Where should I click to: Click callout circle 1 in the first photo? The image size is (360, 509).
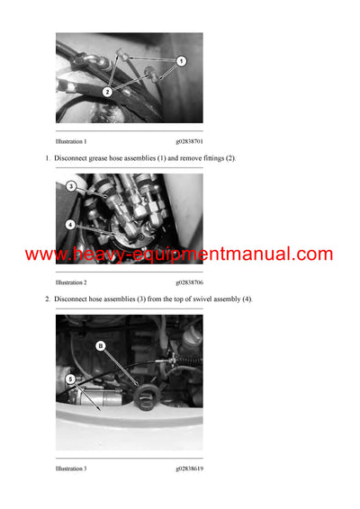click(x=181, y=61)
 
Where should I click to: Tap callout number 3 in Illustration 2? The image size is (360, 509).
click(x=70, y=186)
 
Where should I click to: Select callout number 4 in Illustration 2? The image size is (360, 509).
click(x=70, y=224)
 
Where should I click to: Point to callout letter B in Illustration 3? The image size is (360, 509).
click(x=100, y=345)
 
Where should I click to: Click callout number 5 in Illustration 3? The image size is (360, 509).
click(x=70, y=380)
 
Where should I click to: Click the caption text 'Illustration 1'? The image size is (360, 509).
click(x=71, y=142)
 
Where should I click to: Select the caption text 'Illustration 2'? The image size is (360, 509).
click(x=71, y=282)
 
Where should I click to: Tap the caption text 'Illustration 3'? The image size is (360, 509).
click(x=71, y=469)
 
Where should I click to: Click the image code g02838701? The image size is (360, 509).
click(x=189, y=142)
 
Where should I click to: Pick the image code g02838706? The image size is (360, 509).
click(x=189, y=282)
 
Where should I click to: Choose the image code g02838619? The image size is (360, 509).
click(x=189, y=469)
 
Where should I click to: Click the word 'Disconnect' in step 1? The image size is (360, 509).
click(x=72, y=158)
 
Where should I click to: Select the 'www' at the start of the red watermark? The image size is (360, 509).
click(x=43, y=254)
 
